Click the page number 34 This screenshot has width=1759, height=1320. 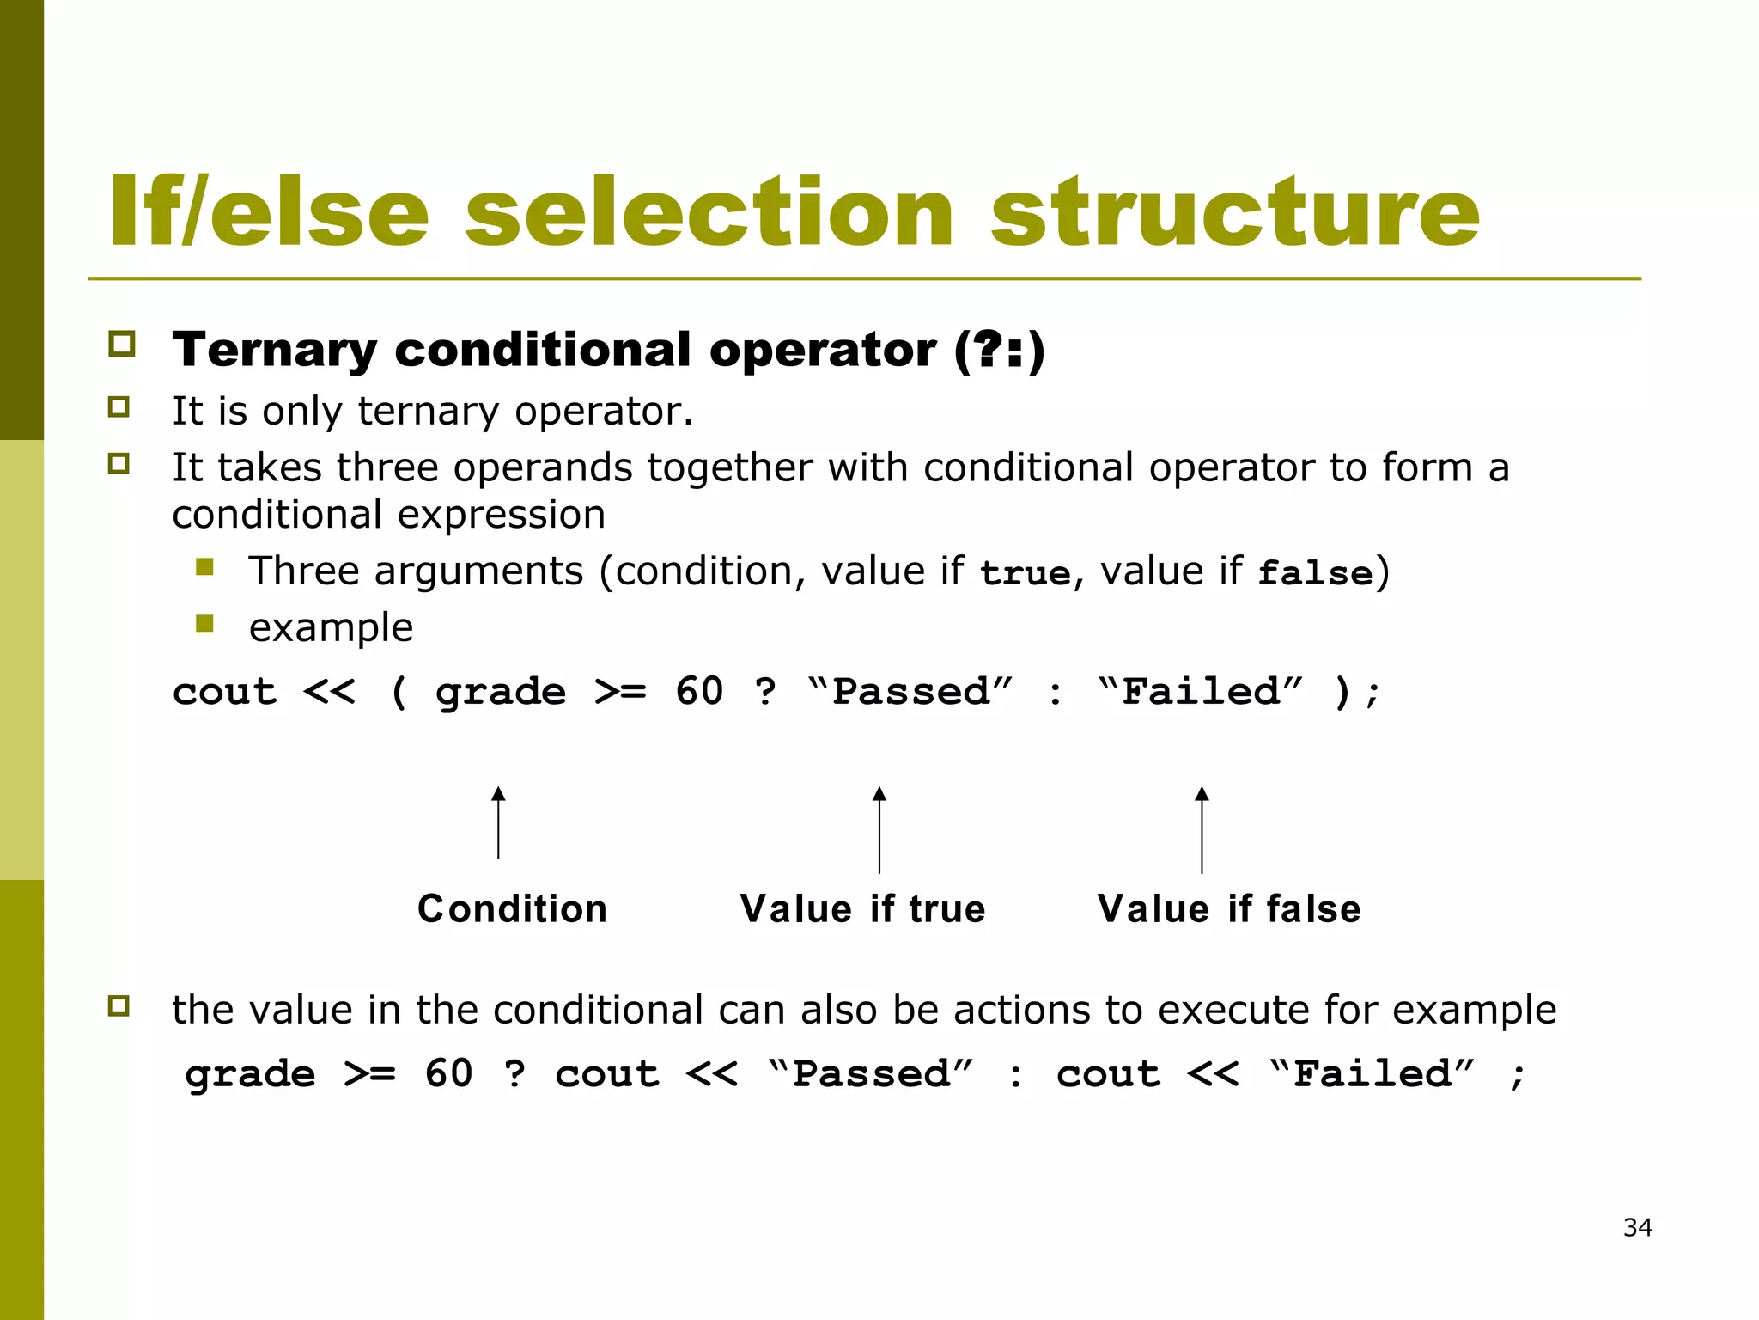point(1637,1227)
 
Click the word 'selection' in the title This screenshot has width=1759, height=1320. point(709,212)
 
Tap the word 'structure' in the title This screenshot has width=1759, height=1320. point(1235,212)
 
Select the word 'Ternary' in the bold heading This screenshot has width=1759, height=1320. point(274,350)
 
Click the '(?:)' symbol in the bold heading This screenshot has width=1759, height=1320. point(999,350)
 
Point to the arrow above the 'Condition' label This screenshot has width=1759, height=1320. point(498,822)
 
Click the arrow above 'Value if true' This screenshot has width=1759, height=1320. point(879,829)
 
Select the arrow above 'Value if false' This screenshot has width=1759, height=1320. point(1202,829)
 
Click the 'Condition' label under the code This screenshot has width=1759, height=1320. point(512,908)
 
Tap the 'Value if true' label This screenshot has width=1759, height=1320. point(862,908)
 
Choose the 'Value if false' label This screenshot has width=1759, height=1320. point(1228,908)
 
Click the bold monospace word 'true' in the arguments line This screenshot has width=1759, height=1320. point(1026,573)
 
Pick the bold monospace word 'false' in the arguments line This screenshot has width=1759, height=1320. point(1315,573)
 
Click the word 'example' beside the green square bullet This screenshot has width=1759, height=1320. point(331,627)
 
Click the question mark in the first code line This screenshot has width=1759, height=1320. point(765,692)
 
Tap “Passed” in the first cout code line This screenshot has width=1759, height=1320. point(911,692)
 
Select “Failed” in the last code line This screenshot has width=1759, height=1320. point(1372,1074)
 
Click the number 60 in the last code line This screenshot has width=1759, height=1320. point(448,1074)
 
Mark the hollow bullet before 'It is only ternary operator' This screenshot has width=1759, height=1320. point(119,407)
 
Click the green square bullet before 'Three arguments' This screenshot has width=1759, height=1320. point(204,567)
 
